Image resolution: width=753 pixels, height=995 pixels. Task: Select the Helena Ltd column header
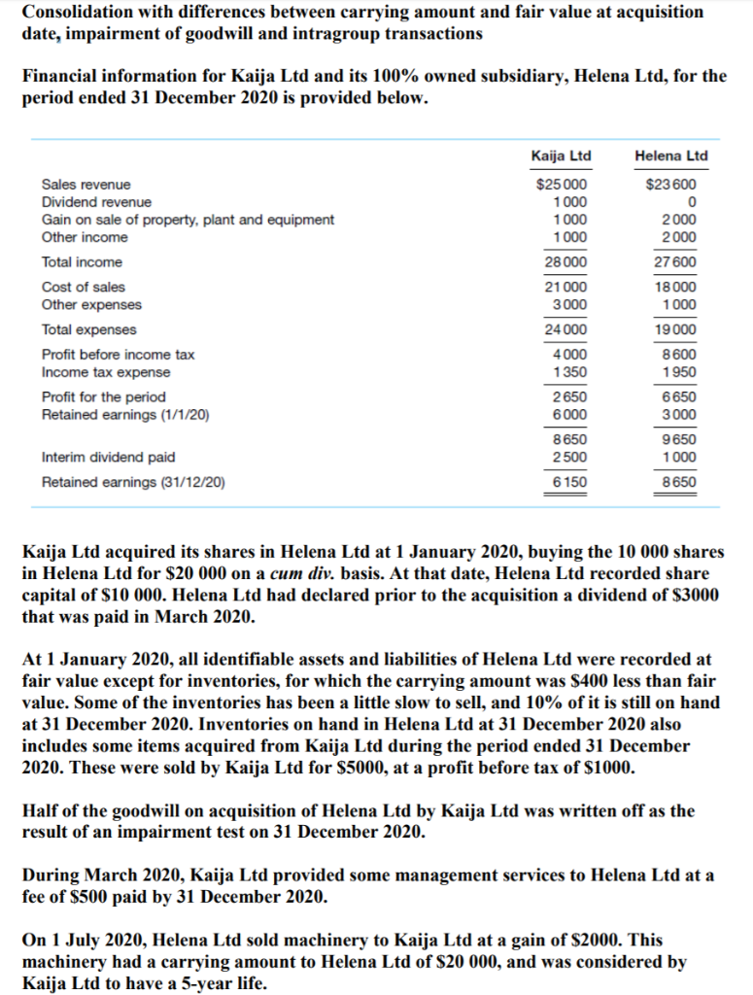tap(670, 156)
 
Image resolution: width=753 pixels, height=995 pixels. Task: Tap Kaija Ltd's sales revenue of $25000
tap(562, 185)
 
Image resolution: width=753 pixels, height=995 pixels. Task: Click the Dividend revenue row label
tap(96, 202)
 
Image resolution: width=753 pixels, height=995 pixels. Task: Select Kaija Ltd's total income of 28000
tap(565, 262)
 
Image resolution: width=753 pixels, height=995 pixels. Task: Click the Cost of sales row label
tap(83, 288)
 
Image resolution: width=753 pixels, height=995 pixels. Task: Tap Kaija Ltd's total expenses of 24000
tap(565, 330)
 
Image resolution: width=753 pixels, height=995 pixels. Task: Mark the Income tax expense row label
tap(105, 372)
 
